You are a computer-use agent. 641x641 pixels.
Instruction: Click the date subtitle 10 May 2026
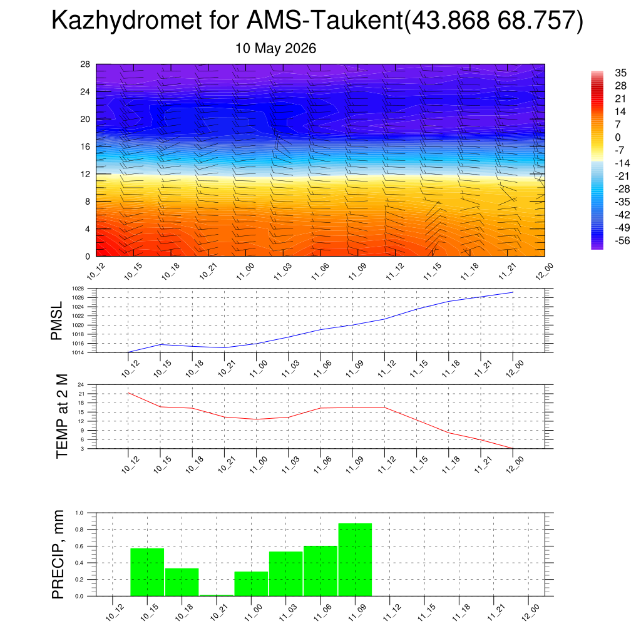275,48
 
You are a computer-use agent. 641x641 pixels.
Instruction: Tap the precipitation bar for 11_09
356,560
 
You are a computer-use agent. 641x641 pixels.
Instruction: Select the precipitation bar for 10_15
147,572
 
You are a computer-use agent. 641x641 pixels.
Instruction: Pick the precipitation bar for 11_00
251,584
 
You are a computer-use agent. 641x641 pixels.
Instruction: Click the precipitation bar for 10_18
182,582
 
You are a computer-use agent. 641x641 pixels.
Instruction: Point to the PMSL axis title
56,320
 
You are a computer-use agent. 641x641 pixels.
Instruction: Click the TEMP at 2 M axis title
62,416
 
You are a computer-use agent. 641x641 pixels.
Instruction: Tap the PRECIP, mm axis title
58,555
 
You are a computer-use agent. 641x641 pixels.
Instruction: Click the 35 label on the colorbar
620,73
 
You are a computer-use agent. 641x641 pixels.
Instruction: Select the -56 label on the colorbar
623,240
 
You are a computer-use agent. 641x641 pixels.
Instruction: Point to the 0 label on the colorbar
618,137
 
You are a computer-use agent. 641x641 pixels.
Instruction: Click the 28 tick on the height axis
85,64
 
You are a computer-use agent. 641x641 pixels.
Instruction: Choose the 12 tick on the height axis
85,174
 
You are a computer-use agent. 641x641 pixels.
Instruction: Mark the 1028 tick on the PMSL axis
78,289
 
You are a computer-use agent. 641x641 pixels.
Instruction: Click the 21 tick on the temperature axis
81,394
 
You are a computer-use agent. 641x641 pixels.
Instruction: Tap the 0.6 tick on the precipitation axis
79,546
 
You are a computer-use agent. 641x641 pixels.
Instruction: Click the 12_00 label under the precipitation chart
531,613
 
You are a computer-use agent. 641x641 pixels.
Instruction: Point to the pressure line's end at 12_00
513,292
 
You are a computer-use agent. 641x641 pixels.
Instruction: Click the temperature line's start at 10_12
128,393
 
